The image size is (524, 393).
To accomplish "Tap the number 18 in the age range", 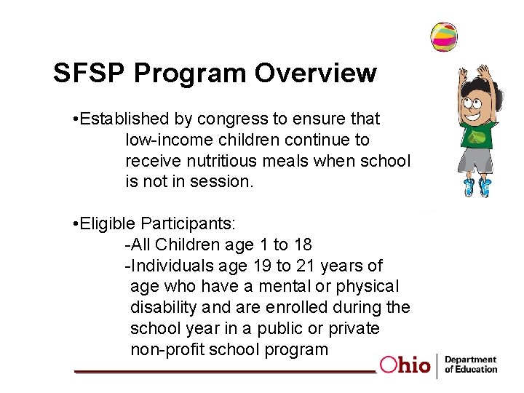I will (301, 245).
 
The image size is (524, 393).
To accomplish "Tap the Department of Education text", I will (470, 365).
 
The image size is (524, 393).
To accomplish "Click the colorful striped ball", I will (443, 36).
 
